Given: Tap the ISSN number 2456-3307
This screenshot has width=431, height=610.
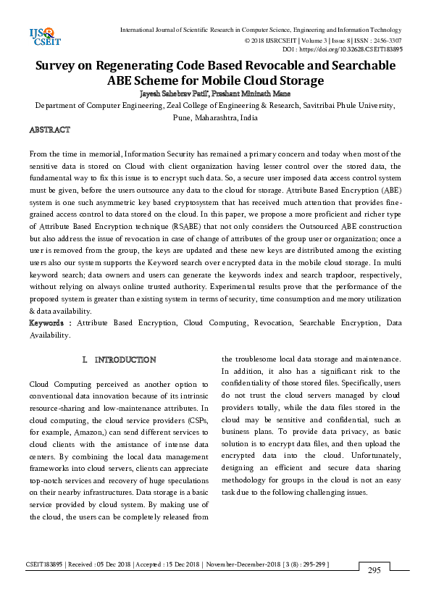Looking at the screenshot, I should coord(387,41).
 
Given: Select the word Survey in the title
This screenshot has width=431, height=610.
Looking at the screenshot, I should coord(63,66).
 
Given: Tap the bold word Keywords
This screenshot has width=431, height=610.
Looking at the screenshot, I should coord(49,322).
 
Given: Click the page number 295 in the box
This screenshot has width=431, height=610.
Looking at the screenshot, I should coord(374,570).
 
